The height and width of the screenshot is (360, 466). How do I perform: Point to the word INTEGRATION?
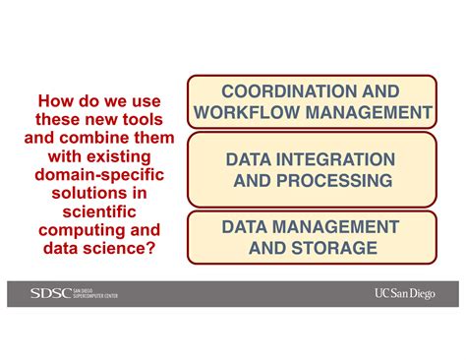[x=335, y=159]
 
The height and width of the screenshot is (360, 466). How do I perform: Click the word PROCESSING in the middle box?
[x=334, y=181]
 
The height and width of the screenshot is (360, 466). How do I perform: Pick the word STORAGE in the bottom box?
[x=334, y=248]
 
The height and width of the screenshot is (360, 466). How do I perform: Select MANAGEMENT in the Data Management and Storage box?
[x=335, y=227]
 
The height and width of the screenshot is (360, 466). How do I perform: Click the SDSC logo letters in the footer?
[x=51, y=293]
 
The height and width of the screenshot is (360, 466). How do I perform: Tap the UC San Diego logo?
[x=405, y=293]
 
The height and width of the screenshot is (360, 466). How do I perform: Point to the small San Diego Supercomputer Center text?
[x=95, y=293]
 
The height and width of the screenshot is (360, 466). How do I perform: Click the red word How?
[x=55, y=101]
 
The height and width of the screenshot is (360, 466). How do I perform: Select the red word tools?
[x=143, y=119]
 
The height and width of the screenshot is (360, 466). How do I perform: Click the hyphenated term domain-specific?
[x=99, y=174]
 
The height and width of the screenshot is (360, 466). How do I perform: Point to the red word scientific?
[x=99, y=211]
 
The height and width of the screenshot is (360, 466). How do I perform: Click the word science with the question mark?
[x=119, y=248]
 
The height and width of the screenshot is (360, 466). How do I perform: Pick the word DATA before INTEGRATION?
[x=249, y=159]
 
